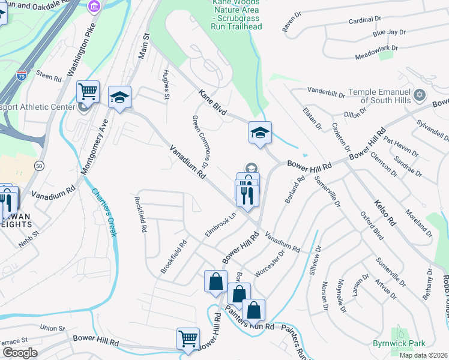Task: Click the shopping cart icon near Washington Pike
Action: pos(88,92)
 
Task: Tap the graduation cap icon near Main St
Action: pos(119,97)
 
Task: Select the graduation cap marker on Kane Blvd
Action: pos(260,132)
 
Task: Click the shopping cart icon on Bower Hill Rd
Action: pos(188,338)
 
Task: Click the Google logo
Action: pos(19,353)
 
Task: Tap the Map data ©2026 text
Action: pos(423,355)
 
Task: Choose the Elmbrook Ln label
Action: pos(221,223)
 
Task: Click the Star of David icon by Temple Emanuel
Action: pos(420,95)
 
